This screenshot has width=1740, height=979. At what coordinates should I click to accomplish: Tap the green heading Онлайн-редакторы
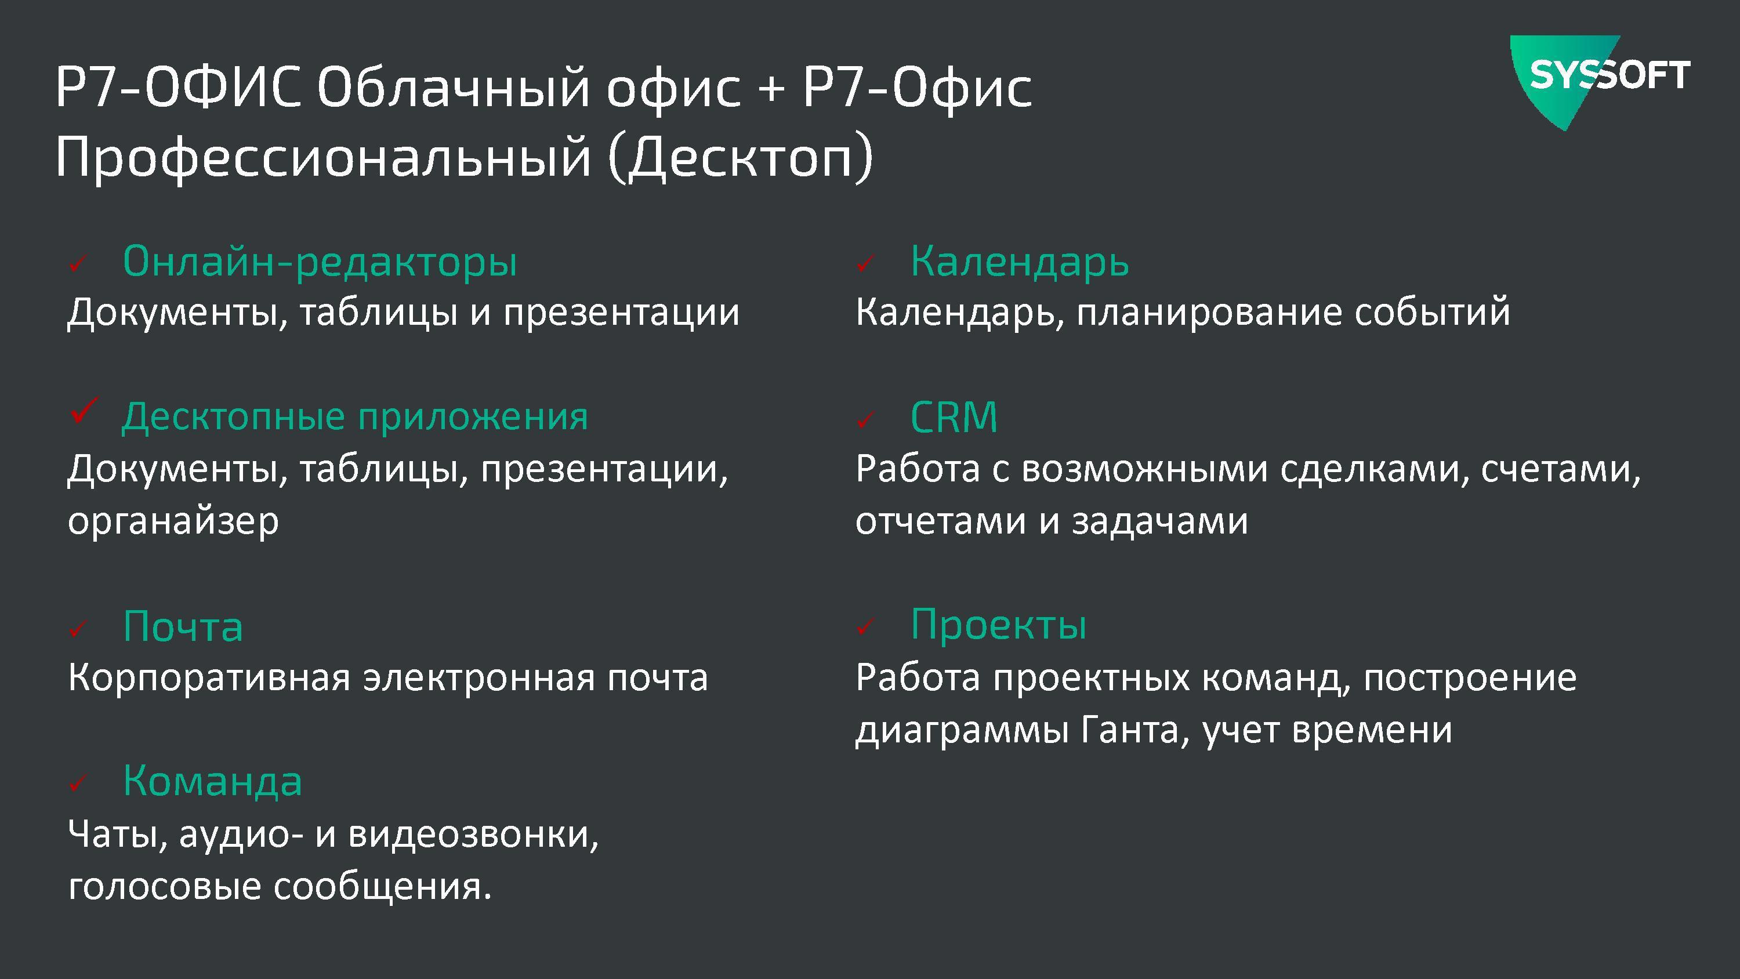320,261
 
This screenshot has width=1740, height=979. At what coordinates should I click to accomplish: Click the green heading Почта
183,626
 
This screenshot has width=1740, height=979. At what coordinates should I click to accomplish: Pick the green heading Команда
213,781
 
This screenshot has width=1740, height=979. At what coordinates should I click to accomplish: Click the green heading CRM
954,417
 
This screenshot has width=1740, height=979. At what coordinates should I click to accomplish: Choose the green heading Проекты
999,625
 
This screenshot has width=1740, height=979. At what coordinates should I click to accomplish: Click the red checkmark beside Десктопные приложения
83,411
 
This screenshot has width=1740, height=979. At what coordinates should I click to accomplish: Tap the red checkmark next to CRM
865,421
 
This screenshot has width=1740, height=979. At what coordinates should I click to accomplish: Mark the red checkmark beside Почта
78,630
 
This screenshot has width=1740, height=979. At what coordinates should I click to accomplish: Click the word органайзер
173,521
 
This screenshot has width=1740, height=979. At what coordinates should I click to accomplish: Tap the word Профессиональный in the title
324,157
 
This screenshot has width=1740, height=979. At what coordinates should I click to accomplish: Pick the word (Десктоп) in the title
741,157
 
